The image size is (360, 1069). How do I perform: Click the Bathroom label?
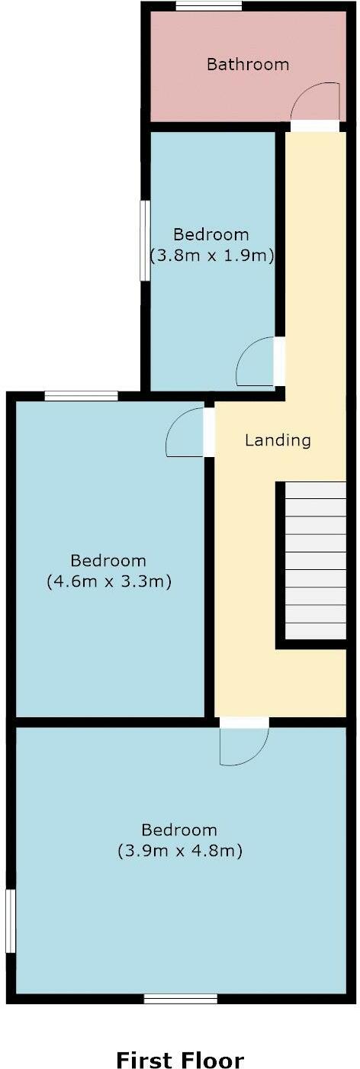[248, 64]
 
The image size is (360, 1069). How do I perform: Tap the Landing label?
[278, 440]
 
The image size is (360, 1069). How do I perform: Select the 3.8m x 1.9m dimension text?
[211, 256]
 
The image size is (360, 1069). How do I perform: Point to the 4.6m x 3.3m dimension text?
[108, 581]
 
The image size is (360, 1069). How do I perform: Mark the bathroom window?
[209, 6]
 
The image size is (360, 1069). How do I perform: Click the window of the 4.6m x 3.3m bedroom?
[81, 395]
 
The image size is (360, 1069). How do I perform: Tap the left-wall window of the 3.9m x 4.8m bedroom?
[10, 920]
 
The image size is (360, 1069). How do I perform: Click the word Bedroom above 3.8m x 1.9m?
[211, 234]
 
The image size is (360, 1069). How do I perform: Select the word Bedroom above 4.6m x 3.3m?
[108, 561]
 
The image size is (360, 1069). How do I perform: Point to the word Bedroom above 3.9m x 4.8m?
[180, 830]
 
